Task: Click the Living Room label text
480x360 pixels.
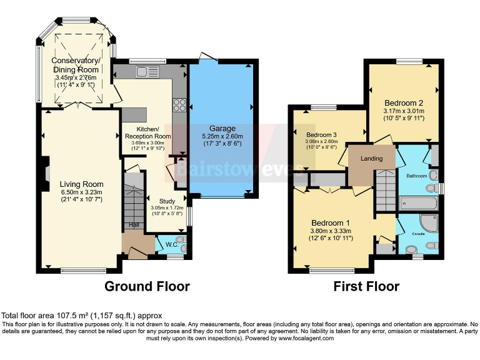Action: tap(81, 184)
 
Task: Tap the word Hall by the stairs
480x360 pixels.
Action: tap(134, 225)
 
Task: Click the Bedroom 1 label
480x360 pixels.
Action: tap(331, 223)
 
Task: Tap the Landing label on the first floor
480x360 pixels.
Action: tap(371, 159)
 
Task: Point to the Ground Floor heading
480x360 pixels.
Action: tap(146, 286)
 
